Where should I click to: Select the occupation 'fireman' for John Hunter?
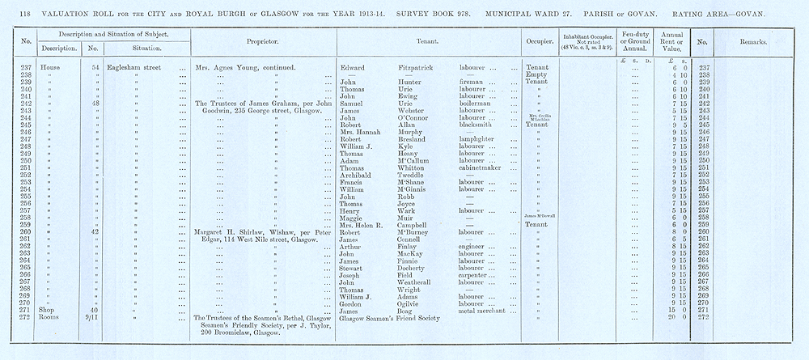tap(470, 82)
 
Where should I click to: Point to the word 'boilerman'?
tap(475, 104)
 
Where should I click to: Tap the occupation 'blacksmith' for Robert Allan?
tap(477, 125)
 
